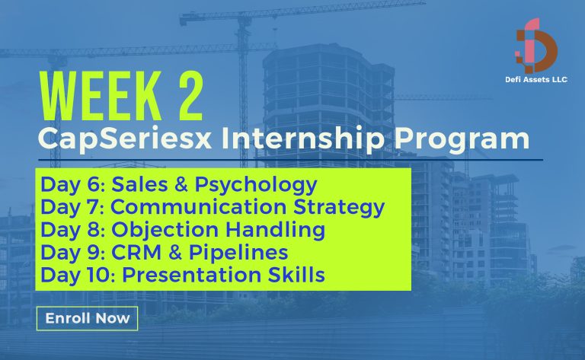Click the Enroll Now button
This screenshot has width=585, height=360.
tap(87, 318)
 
